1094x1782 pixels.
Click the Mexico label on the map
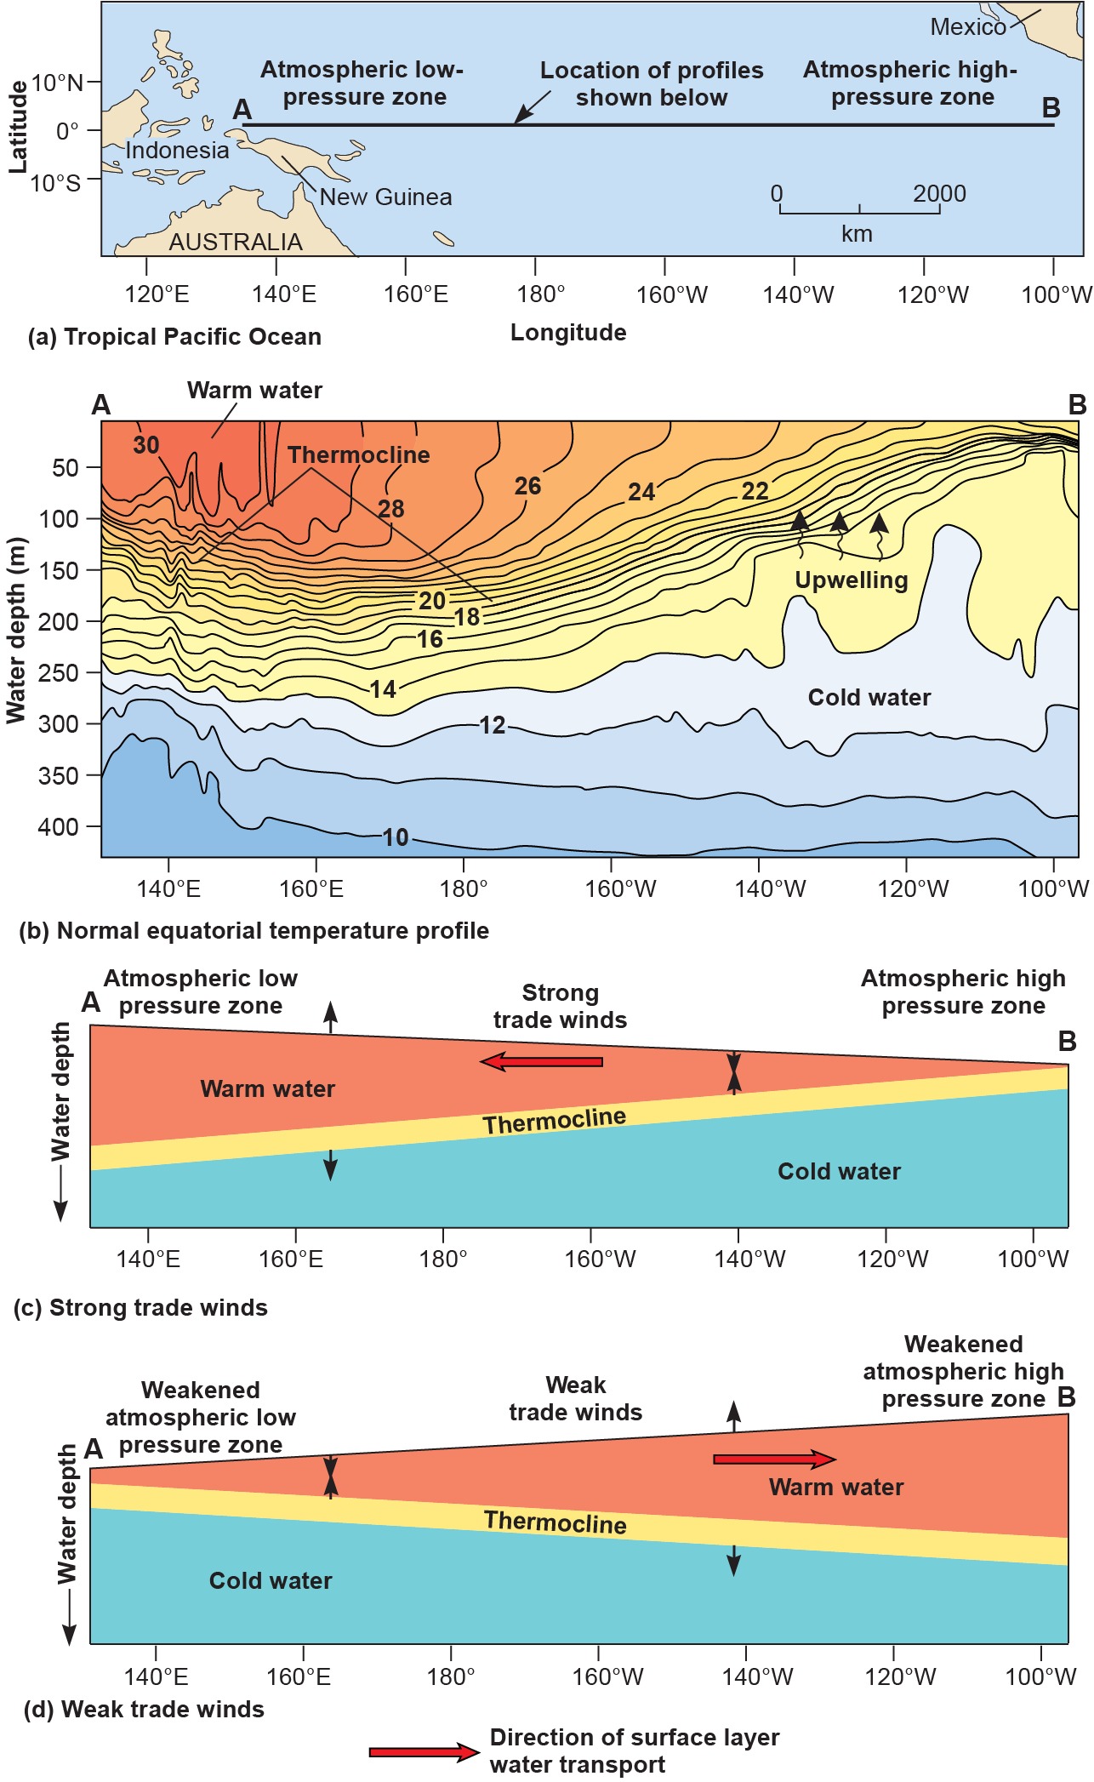tap(967, 27)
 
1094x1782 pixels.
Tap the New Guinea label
tap(385, 197)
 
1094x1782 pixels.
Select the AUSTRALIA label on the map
tap(235, 243)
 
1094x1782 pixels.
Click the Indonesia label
tap(177, 151)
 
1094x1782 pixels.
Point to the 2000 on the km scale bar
tap(939, 194)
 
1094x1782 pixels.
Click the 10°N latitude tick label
tap(58, 83)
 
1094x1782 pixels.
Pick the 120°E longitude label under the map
tap(157, 294)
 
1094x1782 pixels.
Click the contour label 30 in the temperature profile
tap(146, 445)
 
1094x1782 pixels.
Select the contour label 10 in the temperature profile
tap(396, 837)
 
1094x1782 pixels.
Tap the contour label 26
tap(527, 486)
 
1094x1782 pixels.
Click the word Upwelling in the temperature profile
tap(851, 580)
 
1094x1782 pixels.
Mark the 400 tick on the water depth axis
tap(58, 826)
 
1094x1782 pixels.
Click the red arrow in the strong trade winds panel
tap(542, 1061)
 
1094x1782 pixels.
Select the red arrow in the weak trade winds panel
tap(774, 1459)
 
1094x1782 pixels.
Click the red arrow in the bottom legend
tap(424, 1752)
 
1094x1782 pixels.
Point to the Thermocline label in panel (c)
tap(554, 1122)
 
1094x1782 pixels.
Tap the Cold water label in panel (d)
tap(271, 1581)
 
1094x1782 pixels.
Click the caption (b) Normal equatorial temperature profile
tap(254, 931)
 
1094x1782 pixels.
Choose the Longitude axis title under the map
tap(568, 333)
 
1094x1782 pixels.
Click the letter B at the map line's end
tap(1051, 108)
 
